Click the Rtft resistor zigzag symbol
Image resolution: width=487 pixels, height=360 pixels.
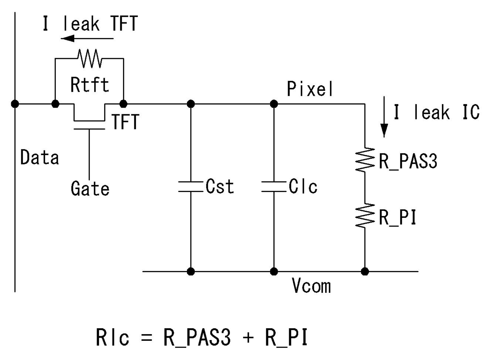(90, 58)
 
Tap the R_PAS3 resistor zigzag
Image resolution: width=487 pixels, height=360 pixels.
(365, 159)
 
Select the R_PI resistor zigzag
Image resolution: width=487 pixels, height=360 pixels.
(365, 216)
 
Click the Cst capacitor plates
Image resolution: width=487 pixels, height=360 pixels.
(190, 187)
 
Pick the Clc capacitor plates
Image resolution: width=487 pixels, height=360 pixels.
(274, 187)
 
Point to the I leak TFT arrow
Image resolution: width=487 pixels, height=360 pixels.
(87, 38)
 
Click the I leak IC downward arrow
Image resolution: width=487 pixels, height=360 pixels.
(384, 117)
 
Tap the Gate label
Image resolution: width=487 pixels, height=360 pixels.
(90, 188)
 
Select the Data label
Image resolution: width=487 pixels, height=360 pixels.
(40, 157)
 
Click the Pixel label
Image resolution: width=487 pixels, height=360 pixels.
(310, 89)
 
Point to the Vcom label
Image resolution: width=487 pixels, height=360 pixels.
(311, 285)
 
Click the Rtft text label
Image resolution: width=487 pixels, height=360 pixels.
(90, 84)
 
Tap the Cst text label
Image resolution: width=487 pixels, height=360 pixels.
(220, 186)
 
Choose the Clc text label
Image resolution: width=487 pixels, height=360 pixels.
(303, 186)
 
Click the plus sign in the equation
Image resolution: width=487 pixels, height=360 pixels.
(248, 337)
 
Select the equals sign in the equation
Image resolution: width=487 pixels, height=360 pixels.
(146, 337)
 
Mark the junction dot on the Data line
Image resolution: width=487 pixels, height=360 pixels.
(15, 104)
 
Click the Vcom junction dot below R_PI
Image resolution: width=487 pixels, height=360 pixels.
(365, 272)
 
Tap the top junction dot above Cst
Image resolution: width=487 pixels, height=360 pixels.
(190, 104)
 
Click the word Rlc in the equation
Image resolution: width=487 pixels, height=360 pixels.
(112, 337)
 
